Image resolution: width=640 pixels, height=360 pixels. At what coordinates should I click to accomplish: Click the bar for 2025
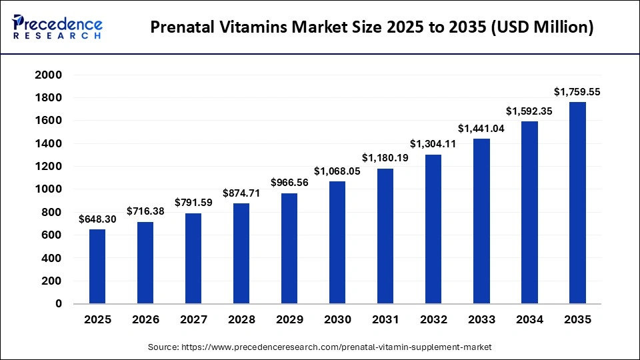(97, 267)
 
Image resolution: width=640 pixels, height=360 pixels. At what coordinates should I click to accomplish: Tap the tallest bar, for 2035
(577, 203)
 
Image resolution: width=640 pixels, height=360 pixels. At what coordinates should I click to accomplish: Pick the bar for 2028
(241, 253)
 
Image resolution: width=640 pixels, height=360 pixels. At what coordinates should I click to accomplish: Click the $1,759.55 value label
(577, 92)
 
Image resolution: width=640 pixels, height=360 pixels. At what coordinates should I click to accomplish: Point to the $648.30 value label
(97, 219)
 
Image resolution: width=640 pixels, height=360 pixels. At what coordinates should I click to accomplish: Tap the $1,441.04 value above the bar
(481, 128)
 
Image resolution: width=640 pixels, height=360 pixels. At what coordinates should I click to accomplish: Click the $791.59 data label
(193, 202)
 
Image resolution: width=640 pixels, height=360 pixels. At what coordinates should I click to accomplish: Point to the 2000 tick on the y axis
(49, 75)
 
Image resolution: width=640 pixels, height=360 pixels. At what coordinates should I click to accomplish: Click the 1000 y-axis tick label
(49, 189)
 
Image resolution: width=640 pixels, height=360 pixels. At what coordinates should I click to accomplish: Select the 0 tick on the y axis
(58, 303)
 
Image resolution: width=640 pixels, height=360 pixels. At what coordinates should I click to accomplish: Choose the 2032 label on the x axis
(433, 320)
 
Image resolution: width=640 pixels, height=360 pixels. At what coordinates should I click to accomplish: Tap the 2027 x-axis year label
(193, 320)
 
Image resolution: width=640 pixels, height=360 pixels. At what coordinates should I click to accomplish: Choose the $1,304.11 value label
(433, 144)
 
